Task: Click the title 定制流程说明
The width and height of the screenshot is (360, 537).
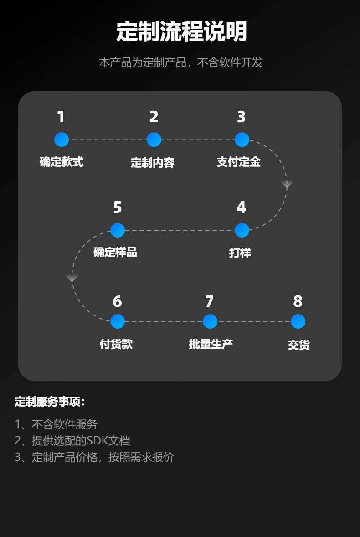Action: click(181, 32)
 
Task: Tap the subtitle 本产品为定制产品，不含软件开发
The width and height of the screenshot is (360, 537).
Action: click(181, 62)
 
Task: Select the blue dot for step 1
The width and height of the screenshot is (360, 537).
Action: click(62, 139)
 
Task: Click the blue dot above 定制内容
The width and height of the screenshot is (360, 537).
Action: click(154, 139)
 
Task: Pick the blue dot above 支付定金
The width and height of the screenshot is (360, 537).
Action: click(242, 139)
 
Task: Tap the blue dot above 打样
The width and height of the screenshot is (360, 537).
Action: click(242, 230)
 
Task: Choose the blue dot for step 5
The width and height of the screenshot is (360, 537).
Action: click(118, 230)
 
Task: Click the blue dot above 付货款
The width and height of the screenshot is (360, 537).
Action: click(118, 321)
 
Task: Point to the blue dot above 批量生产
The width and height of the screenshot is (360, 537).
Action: click(210, 321)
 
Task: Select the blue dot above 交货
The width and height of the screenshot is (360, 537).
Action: click(298, 321)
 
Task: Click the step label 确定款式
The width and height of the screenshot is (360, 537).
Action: click(62, 162)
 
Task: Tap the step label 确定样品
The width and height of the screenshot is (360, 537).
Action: click(115, 252)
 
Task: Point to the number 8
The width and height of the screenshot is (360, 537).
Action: click(298, 301)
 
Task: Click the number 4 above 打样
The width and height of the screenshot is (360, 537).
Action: click(241, 208)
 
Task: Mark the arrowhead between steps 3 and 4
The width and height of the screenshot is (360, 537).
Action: click(287, 184)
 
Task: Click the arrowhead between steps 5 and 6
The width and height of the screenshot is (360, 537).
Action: click(72, 278)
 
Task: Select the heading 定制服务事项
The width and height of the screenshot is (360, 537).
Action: click(50, 402)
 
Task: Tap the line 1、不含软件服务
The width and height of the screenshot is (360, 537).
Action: click(56, 424)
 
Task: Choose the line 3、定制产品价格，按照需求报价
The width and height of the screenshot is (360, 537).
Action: click(94, 457)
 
